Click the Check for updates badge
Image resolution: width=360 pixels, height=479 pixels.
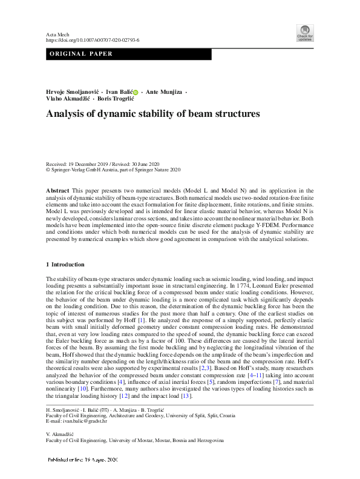(x=304, y=33)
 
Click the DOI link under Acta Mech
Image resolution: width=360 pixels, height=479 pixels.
(x=93, y=40)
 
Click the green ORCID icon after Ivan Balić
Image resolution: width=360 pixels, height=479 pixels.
(x=135, y=92)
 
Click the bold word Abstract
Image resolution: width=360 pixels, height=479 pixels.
(x=57, y=190)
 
